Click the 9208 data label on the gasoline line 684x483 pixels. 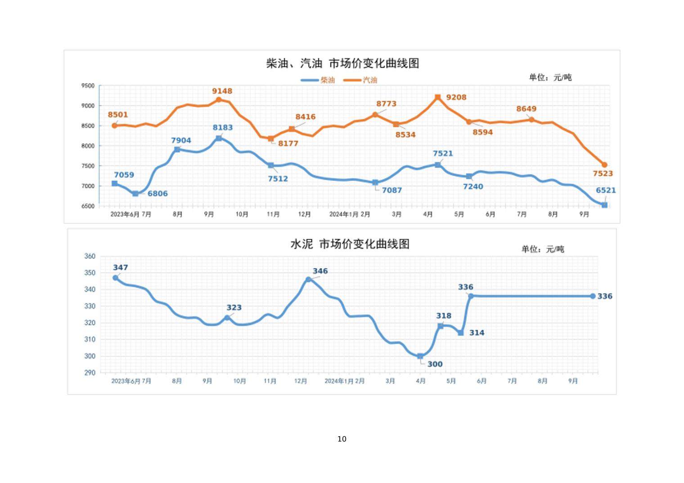(x=456, y=97)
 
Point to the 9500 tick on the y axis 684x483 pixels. (x=88, y=85)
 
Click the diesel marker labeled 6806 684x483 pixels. (x=135, y=194)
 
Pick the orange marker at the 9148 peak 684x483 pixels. (x=219, y=100)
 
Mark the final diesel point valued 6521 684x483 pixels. (x=604, y=205)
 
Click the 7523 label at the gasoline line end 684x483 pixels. (x=603, y=174)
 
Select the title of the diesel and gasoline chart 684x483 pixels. (x=342, y=63)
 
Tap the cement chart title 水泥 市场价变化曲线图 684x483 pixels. (x=350, y=244)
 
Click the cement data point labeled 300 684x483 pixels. (x=420, y=356)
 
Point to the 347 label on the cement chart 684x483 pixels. (x=121, y=268)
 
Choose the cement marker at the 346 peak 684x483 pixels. (x=308, y=279)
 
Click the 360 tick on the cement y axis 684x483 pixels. (x=90, y=256)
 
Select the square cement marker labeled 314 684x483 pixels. (x=461, y=333)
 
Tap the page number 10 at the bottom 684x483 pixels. (x=342, y=439)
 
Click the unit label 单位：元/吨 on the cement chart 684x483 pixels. (x=543, y=249)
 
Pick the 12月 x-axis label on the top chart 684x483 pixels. (x=305, y=215)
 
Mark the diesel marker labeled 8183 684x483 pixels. (x=219, y=139)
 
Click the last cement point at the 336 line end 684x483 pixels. (x=593, y=296)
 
